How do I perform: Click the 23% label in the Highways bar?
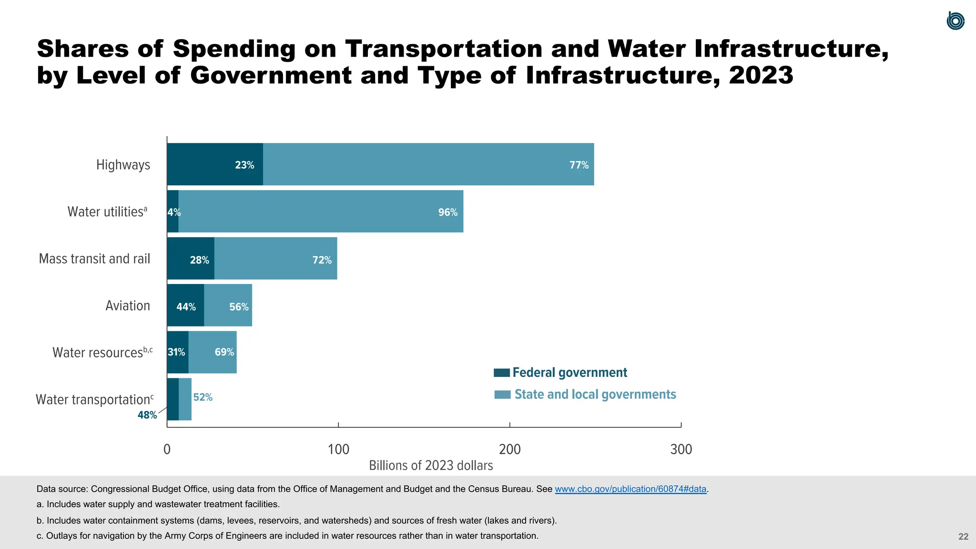coord(244,165)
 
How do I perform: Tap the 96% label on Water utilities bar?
coord(447,212)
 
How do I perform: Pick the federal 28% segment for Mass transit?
coord(191,259)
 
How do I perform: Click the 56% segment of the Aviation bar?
coord(228,306)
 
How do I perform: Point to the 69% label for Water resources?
coord(224,352)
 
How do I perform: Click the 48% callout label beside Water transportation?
coord(147,415)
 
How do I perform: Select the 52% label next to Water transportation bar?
coord(203,397)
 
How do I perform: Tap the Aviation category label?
coord(127,305)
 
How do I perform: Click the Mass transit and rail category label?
coord(94,259)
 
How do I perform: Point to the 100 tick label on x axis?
coord(338,449)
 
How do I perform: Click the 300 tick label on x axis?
coord(681,449)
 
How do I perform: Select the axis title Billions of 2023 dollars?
coord(431,466)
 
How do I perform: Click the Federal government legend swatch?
coord(502,373)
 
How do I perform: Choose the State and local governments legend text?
coord(595,395)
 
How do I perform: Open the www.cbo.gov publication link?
coord(630,489)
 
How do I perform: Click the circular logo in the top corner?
coord(955,21)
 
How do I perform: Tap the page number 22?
coord(963,537)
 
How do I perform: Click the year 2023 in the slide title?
coord(761,75)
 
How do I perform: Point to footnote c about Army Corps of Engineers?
coord(287,536)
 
